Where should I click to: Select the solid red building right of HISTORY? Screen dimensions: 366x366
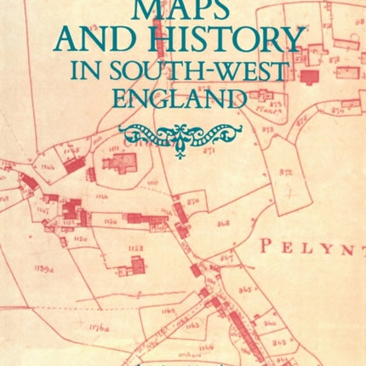coord(311,77)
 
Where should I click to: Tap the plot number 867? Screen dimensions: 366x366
coord(226,258)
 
